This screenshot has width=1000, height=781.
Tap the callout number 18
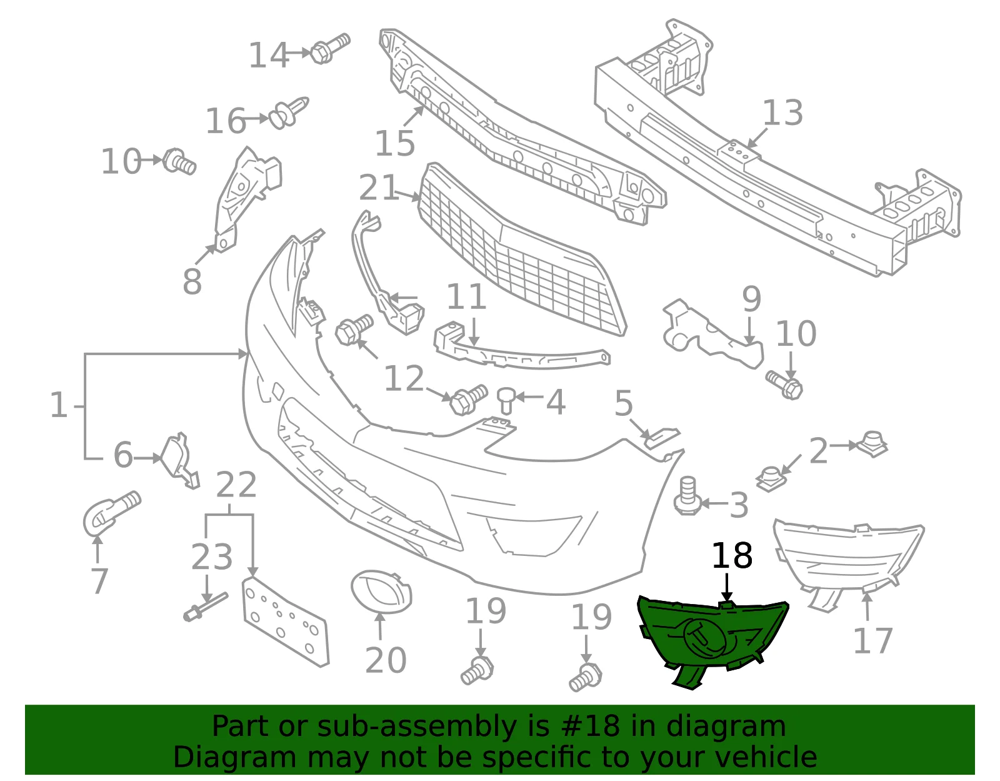point(732,556)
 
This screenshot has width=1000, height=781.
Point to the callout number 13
point(782,113)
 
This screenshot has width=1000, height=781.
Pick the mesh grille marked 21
point(522,251)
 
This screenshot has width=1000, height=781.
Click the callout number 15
point(395,143)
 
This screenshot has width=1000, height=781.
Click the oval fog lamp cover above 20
point(381,592)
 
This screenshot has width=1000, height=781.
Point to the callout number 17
point(872,641)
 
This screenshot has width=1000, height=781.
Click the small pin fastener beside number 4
point(506,400)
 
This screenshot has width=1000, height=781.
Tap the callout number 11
point(466,297)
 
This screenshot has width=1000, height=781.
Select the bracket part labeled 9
point(712,334)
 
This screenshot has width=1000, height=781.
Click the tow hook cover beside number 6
point(181,460)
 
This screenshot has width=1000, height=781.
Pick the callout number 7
point(99,581)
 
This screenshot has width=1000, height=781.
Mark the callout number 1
point(59,405)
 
